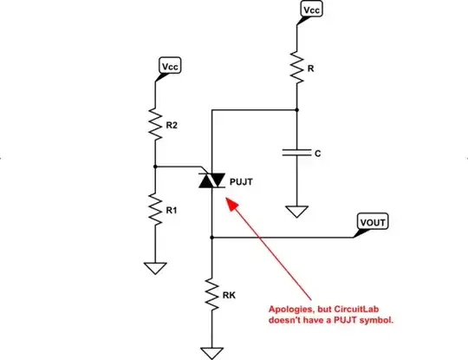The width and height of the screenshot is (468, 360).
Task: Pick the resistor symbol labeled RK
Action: click(211, 294)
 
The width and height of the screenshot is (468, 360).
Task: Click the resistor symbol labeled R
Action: click(296, 66)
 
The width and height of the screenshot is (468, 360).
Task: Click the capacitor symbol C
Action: click(296, 154)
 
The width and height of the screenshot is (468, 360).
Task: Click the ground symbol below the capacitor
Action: click(296, 210)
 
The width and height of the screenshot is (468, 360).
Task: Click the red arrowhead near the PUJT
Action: click(230, 202)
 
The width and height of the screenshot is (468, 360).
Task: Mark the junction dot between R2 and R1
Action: click(154, 166)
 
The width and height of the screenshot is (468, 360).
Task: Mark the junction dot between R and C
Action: click(296, 109)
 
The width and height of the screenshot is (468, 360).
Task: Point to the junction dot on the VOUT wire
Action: click(211, 236)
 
